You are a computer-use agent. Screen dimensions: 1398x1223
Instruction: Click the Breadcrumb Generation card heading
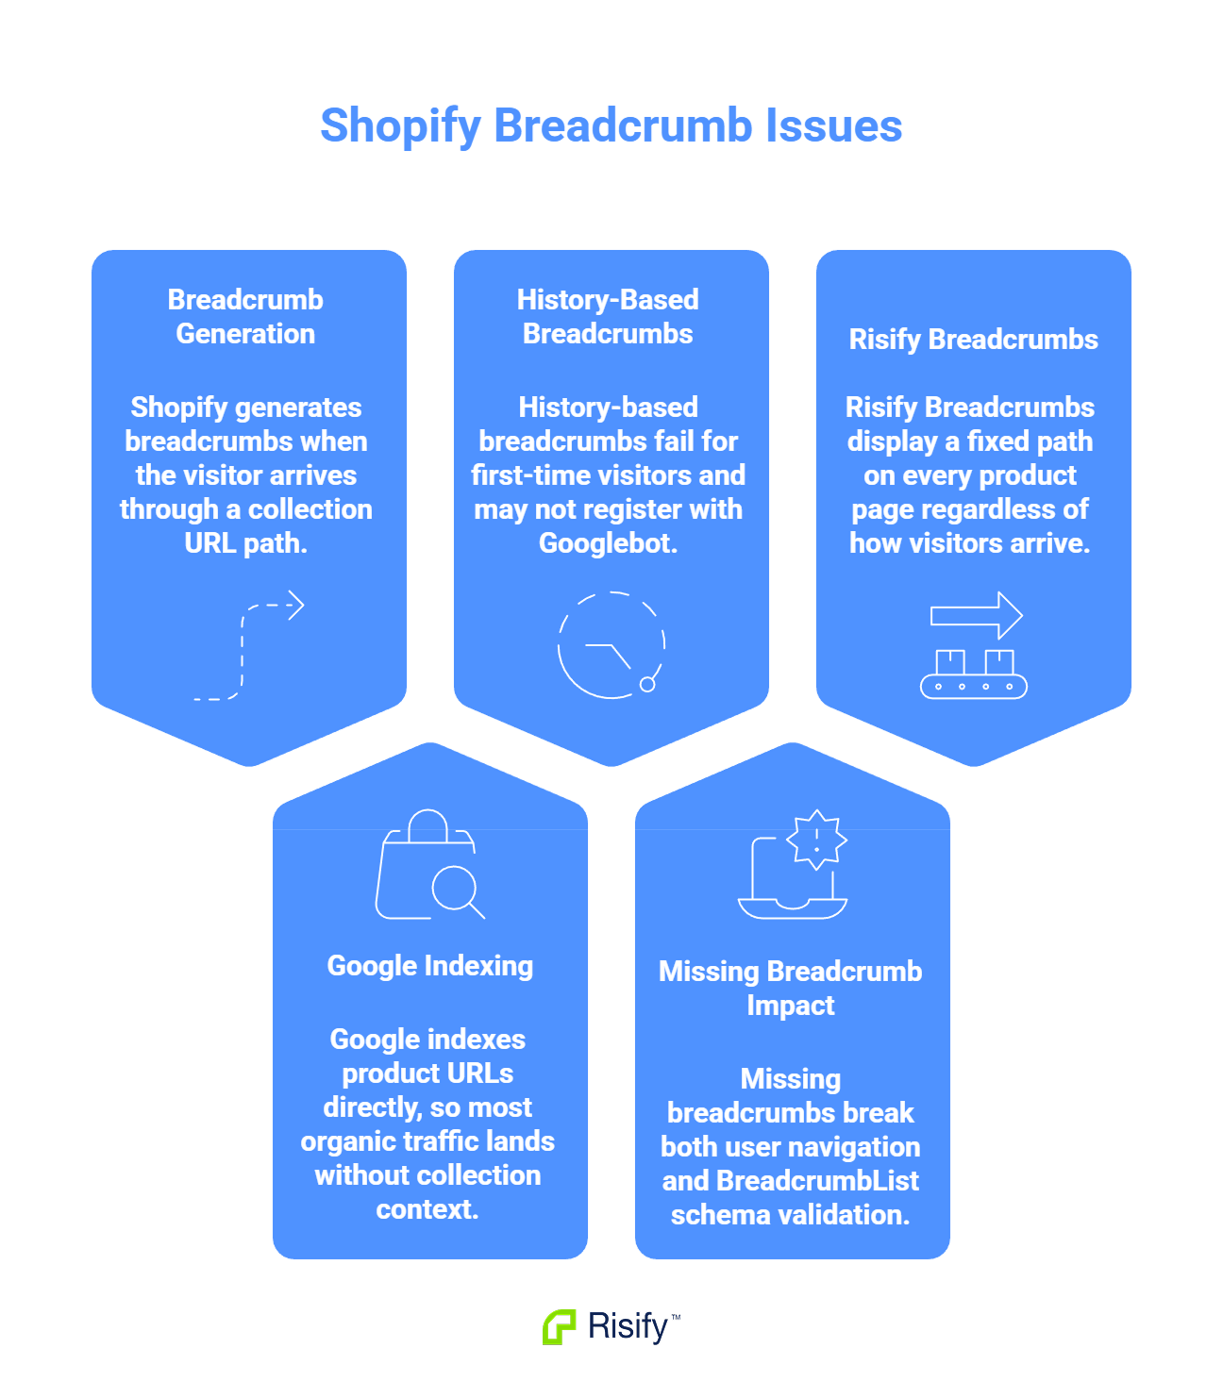tap(245, 317)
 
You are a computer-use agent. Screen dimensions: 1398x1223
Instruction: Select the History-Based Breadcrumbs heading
tap(608, 317)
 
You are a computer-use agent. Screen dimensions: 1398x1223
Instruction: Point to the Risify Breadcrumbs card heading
tap(973, 340)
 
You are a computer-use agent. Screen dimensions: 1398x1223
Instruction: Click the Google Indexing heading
tap(429, 966)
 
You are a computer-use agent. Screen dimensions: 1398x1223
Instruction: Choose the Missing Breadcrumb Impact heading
tap(791, 989)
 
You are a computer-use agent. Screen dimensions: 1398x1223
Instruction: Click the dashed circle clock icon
tap(611, 646)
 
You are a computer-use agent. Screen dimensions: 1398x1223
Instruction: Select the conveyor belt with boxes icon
tap(974, 647)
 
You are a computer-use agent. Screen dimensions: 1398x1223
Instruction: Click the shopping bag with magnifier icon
tap(429, 864)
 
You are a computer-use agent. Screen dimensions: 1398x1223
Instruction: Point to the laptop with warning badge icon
tap(793, 864)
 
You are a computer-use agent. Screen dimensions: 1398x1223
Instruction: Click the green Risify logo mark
tap(559, 1327)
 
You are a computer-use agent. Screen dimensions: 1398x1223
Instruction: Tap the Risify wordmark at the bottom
tap(628, 1326)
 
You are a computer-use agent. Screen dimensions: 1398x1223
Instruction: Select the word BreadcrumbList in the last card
tap(817, 1181)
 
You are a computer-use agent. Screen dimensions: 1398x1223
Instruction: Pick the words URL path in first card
tap(244, 543)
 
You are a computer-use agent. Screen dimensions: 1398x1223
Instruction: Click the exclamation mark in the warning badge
tap(817, 838)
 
